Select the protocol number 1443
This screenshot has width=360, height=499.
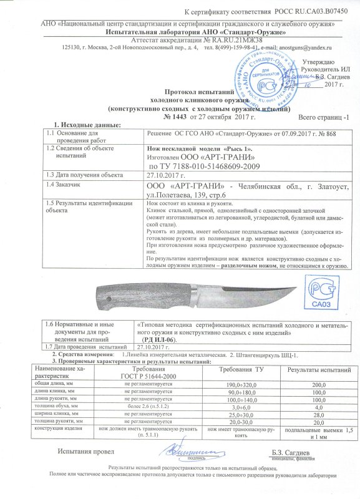[x=174, y=117]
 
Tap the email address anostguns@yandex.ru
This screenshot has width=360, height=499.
[x=304, y=47]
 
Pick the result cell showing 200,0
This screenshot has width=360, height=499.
[x=318, y=384]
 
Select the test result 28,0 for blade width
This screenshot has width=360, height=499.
[x=318, y=414]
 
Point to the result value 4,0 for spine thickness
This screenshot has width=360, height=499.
[x=318, y=407]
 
